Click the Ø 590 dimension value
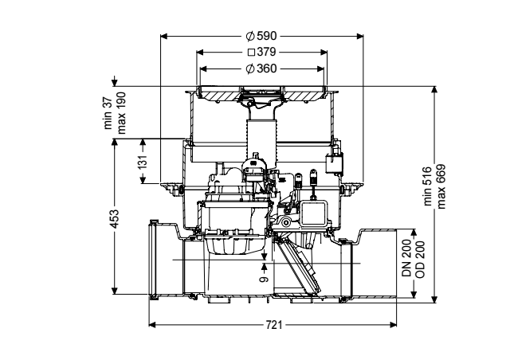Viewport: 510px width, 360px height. tap(261, 36)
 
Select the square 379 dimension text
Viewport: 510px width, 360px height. tap(262, 52)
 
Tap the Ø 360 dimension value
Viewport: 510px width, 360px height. tap(261, 68)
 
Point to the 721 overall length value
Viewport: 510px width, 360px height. tap(274, 324)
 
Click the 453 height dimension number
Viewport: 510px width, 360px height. tap(116, 219)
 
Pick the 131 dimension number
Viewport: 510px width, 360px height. tap(143, 162)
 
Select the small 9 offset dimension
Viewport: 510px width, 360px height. tap(265, 280)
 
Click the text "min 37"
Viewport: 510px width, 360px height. tap(108, 114)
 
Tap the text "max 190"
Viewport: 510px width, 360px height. tap(121, 113)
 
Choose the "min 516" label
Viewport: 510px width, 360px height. tap(428, 186)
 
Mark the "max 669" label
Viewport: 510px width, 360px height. tap(441, 186)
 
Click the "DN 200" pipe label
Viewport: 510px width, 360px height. tap(406, 259)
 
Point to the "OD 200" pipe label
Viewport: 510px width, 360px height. tap(420, 259)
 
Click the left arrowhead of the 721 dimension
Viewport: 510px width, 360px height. tap(152, 324)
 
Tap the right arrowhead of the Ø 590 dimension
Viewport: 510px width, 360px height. tap(359, 36)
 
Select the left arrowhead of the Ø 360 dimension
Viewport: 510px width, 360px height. tap(203, 68)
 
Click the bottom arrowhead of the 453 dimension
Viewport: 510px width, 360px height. tap(114, 291)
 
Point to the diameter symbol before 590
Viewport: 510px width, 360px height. tap(250, 36)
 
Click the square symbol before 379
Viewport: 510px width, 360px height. tap(252, 53)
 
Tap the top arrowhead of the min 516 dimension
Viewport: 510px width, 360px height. tap(434, 90)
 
